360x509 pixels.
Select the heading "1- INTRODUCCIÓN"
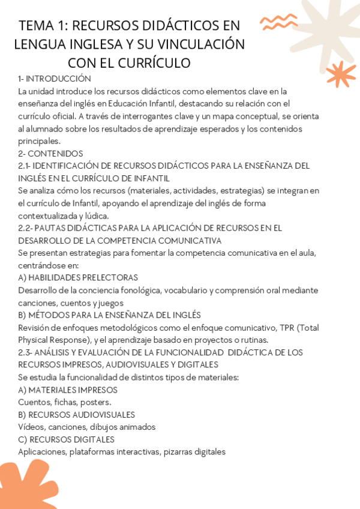click(55, 79)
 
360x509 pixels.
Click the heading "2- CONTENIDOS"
click(50, 153)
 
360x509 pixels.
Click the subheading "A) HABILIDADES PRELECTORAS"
click(78, 277)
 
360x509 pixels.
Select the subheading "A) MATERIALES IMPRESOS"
click(68, 390)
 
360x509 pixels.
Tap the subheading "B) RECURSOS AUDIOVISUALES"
click(76, 414)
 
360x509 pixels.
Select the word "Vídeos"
click(30, 427)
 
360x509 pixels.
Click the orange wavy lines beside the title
click(279, 23)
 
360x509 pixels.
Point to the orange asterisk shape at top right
click(341, 74)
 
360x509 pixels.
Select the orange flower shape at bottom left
click(27, 483)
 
